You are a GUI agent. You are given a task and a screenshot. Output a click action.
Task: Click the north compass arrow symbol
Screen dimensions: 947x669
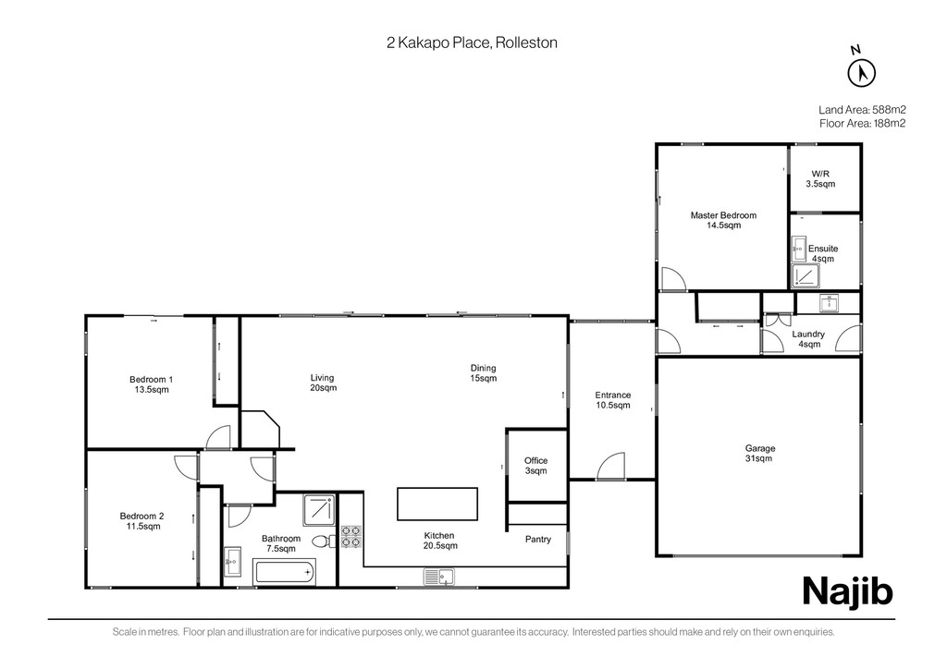pyautogui.click(x=862, y=74)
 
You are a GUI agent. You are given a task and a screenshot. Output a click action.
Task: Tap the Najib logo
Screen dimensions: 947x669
pyautogui.click(x=847, y=591)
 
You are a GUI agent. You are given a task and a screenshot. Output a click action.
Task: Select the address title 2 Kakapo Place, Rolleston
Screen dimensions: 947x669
pyautogui.click(x=472, y=43)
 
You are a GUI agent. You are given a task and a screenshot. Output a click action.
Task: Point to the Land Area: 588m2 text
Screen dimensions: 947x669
pyautogui.click(x=862, y=110)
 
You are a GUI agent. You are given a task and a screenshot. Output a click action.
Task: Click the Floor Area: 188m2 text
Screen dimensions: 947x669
pyautogui.click(x=863, y=124)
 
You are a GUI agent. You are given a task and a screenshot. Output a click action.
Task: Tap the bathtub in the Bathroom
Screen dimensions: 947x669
pyautogui.click(x=285, y=572)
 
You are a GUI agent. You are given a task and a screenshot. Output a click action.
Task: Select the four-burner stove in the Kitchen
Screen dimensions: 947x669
pyautogui.click(x=351, y=537)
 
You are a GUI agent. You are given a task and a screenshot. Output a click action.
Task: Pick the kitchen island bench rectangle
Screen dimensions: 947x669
pyautogui.click(x=437, y=504)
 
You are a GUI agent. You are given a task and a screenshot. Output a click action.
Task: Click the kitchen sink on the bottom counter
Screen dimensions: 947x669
pyautogui.click(x=439, y=578)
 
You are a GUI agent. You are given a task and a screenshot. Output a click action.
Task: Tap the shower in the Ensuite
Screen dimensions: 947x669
pyautogui.click(x=806, y=276)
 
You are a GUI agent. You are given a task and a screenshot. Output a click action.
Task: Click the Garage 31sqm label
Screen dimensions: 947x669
pyautogui.click(x=759, y=453)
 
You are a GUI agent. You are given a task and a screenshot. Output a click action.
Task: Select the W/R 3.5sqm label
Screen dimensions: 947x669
pyautogui.click(x=821, y=178)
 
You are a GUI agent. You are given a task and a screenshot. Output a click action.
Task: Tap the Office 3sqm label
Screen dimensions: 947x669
pyautogui.click(x=535, y=465)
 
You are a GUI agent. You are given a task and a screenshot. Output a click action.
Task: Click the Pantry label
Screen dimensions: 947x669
pyautogui.click(x=538, y=540)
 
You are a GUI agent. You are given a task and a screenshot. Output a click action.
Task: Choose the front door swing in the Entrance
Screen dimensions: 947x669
pyautogui.click(x=610, y=466)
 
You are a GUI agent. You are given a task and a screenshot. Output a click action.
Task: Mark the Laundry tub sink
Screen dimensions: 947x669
pyautogui.click(x=830, y=303)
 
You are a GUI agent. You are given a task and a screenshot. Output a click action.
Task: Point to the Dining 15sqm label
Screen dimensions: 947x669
pyautogui.click(x=483, y=372)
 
